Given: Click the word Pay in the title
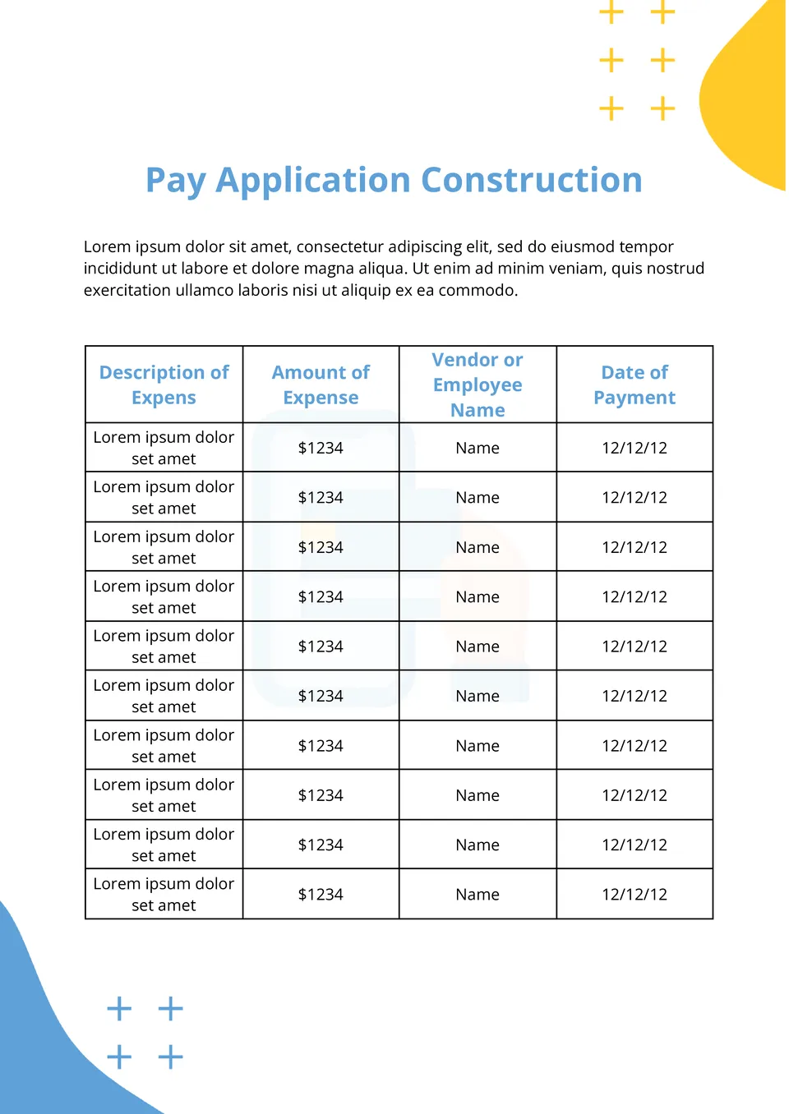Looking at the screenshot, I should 174,181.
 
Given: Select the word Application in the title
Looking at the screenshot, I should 313,181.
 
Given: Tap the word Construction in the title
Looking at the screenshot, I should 532,181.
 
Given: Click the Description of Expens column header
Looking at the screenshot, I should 164,384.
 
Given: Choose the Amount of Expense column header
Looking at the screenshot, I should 321,384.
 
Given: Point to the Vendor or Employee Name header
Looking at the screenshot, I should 478,384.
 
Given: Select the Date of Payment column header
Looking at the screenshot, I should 634,384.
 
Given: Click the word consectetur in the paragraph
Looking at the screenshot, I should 339,246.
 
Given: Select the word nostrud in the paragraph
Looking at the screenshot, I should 674,269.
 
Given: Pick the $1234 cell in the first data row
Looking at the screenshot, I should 321,448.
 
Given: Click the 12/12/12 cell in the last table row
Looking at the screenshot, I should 634,895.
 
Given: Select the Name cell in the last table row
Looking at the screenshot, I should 478,895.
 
